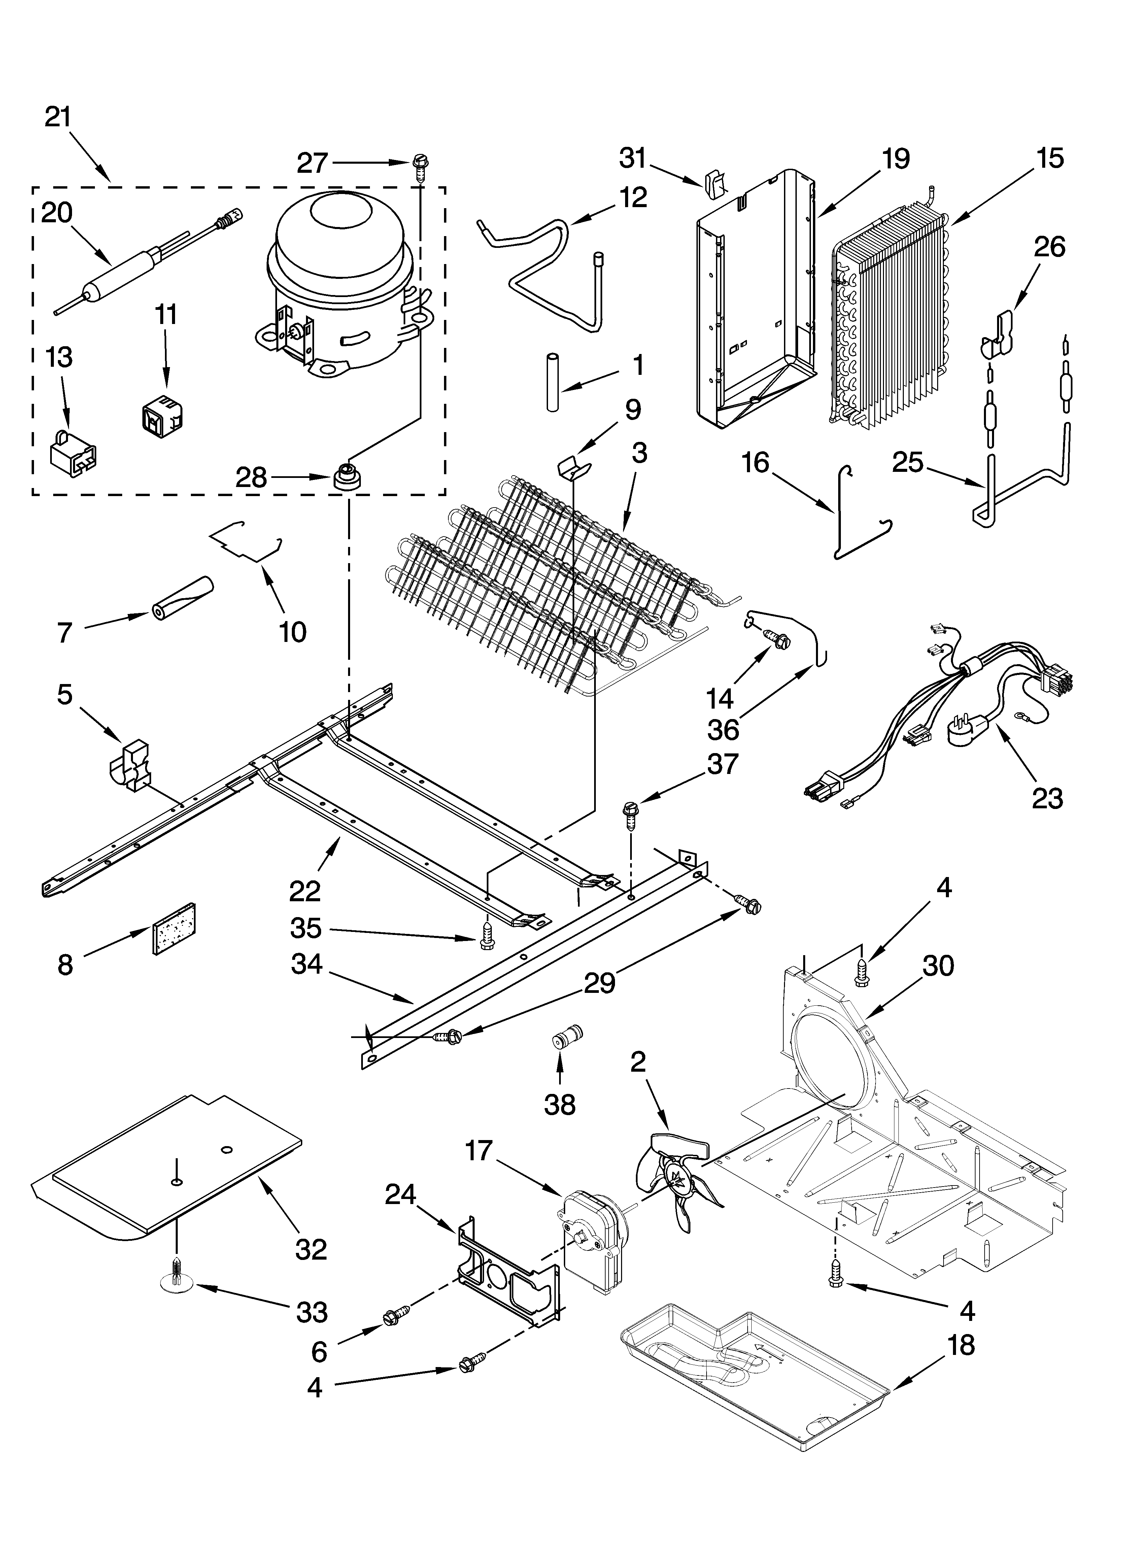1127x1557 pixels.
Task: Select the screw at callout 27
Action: point(420,165)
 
